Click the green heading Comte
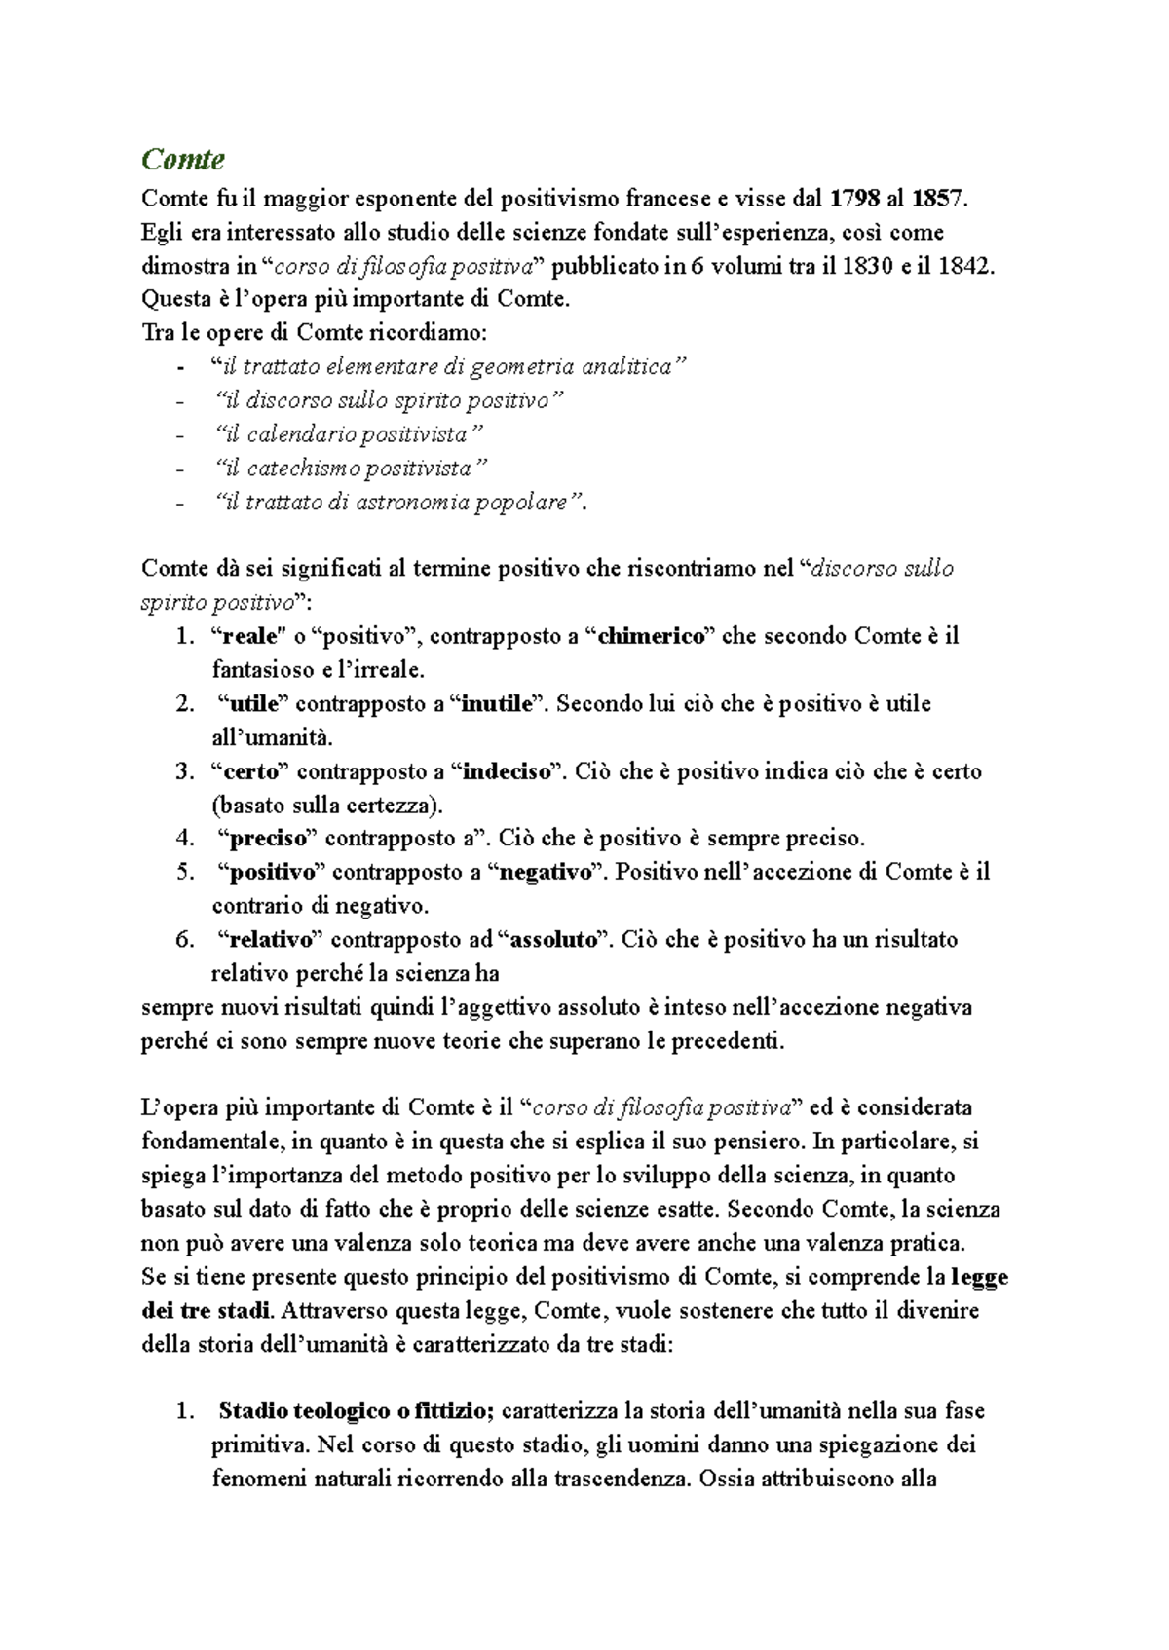click(183, 159)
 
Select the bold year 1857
click(938, 200)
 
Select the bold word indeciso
click(507, 771)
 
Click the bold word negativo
click(546, 873)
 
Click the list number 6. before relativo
click(185, 940)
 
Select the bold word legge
click(979, 1277)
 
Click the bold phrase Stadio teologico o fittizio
click(358, 1411)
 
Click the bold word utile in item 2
click(254, 704)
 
